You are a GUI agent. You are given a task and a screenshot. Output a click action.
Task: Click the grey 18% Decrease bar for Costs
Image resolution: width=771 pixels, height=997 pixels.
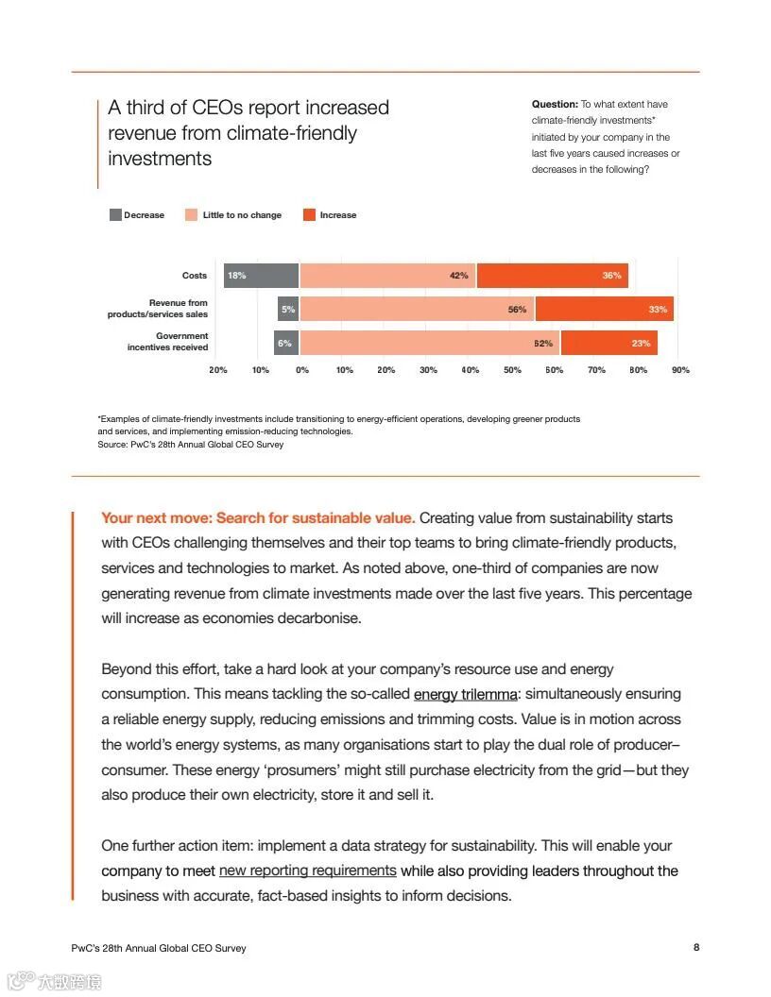[261, 276]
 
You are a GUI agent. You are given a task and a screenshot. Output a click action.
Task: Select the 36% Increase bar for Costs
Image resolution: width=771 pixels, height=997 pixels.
[552, 276]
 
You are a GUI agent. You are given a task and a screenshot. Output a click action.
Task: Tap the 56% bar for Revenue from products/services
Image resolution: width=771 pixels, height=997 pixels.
[417, 309]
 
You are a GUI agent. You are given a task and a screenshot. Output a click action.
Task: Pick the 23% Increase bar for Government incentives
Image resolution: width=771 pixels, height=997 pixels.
[608, 343]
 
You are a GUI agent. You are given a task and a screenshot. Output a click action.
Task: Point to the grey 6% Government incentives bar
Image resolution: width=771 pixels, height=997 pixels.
[286, 343]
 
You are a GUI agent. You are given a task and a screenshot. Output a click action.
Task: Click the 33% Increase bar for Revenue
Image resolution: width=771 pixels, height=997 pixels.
[604, 309]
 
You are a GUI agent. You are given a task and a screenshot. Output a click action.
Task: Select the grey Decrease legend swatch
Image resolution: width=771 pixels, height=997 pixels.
[115, 215]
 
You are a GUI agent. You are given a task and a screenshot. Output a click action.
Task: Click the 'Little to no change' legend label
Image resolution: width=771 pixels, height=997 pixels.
[242, 215]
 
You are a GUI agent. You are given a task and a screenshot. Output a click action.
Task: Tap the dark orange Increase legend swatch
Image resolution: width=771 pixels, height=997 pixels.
[309, 215]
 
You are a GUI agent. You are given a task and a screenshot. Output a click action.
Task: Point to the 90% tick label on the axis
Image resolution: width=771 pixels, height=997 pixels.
[680, 370]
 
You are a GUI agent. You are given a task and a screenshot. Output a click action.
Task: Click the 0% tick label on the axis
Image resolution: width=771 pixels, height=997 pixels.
[302, 370]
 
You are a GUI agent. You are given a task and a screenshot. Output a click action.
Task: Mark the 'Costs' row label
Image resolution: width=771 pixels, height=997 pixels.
[195, 276]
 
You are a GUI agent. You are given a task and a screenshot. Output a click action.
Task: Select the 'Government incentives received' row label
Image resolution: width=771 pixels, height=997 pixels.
[168, 342]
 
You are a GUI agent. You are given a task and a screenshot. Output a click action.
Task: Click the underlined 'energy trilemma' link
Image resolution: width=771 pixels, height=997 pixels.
[465, 694]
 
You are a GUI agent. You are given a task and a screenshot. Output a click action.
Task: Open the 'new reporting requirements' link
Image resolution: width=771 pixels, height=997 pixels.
[307, 870]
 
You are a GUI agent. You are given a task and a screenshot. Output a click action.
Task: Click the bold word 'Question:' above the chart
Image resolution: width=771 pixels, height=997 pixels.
[555, 104]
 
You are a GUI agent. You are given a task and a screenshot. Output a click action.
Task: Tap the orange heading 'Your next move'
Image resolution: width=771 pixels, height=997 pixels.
[257, 517]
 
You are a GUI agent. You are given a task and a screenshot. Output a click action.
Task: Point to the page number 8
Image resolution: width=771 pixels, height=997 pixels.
[696, 947]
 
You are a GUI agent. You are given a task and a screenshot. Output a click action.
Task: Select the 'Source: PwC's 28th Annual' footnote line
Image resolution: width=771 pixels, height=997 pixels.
[190, 444]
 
